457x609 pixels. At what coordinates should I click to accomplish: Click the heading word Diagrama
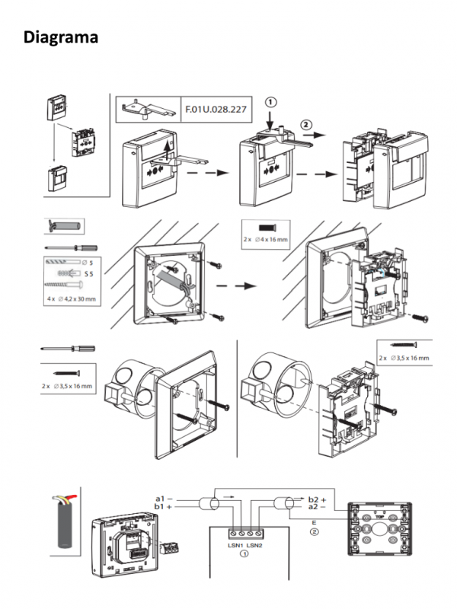pyautogui.click(x=60, y=37)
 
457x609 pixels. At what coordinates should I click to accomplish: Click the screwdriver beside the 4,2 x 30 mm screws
pyautogui.click(x=72, y=247)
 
